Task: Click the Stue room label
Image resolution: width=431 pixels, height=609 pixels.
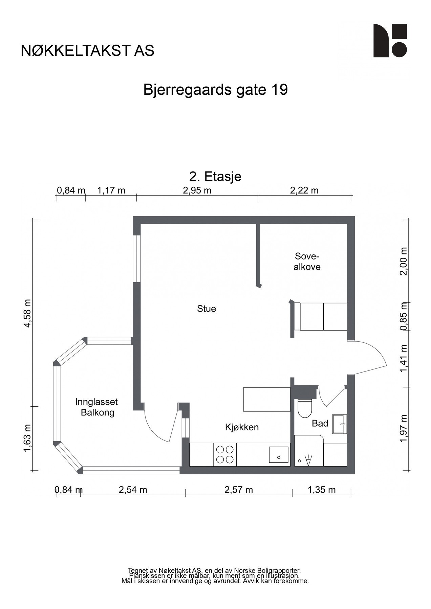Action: point(206,309)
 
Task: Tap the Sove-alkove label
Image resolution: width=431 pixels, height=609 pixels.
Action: point(307,261)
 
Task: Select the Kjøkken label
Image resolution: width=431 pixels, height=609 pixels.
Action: point(242,427)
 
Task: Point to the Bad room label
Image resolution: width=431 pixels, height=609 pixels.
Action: point(320,423)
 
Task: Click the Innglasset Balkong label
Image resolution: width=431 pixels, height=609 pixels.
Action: point(96,407)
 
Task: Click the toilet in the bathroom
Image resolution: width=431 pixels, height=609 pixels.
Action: point(304,408)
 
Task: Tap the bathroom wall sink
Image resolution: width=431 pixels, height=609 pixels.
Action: point(340,424)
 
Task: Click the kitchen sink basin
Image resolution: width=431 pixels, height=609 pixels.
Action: point(279,455)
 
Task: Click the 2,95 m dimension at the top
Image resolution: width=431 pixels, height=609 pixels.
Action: point(197,190)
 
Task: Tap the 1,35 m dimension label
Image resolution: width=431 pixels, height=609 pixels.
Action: point(321,490)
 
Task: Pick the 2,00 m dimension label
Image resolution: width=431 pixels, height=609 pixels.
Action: point(403,262)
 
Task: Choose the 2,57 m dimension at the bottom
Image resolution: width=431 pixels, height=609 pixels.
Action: point(239,490)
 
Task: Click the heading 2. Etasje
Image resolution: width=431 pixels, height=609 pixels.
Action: point(215,177)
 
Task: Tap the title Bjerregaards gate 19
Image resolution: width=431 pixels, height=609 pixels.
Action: point(215,90)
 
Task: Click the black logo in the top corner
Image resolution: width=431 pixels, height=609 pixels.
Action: point(390,41)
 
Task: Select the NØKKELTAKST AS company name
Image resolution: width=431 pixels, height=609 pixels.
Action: point(87,51)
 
